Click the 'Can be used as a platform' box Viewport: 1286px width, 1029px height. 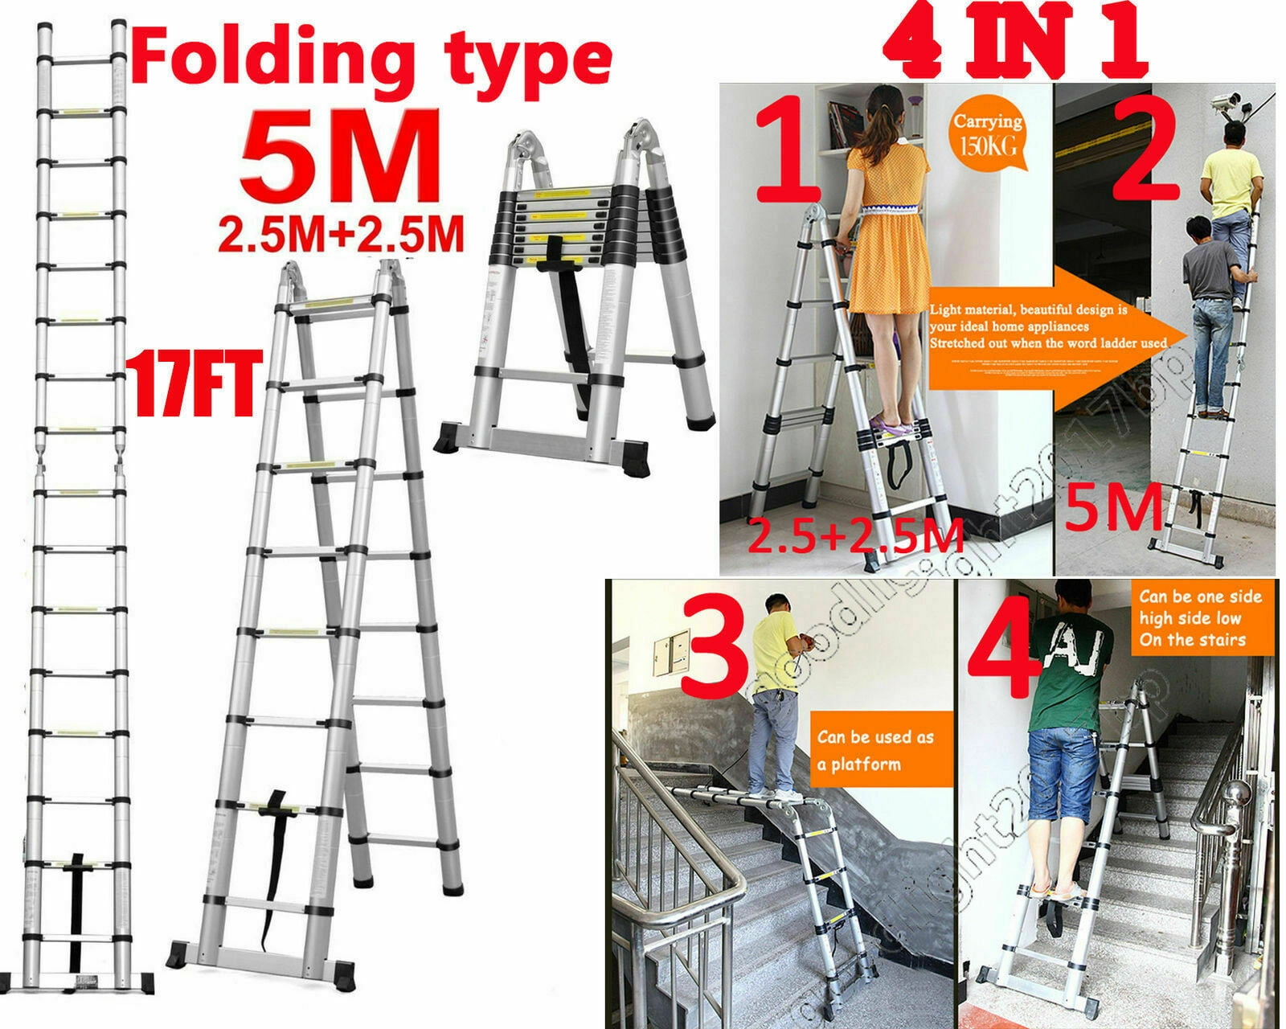(x=874, y=749)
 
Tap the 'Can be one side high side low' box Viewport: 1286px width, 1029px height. (x=1199, y=618)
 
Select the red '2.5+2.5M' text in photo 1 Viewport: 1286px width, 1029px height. (x=855, y=536)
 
